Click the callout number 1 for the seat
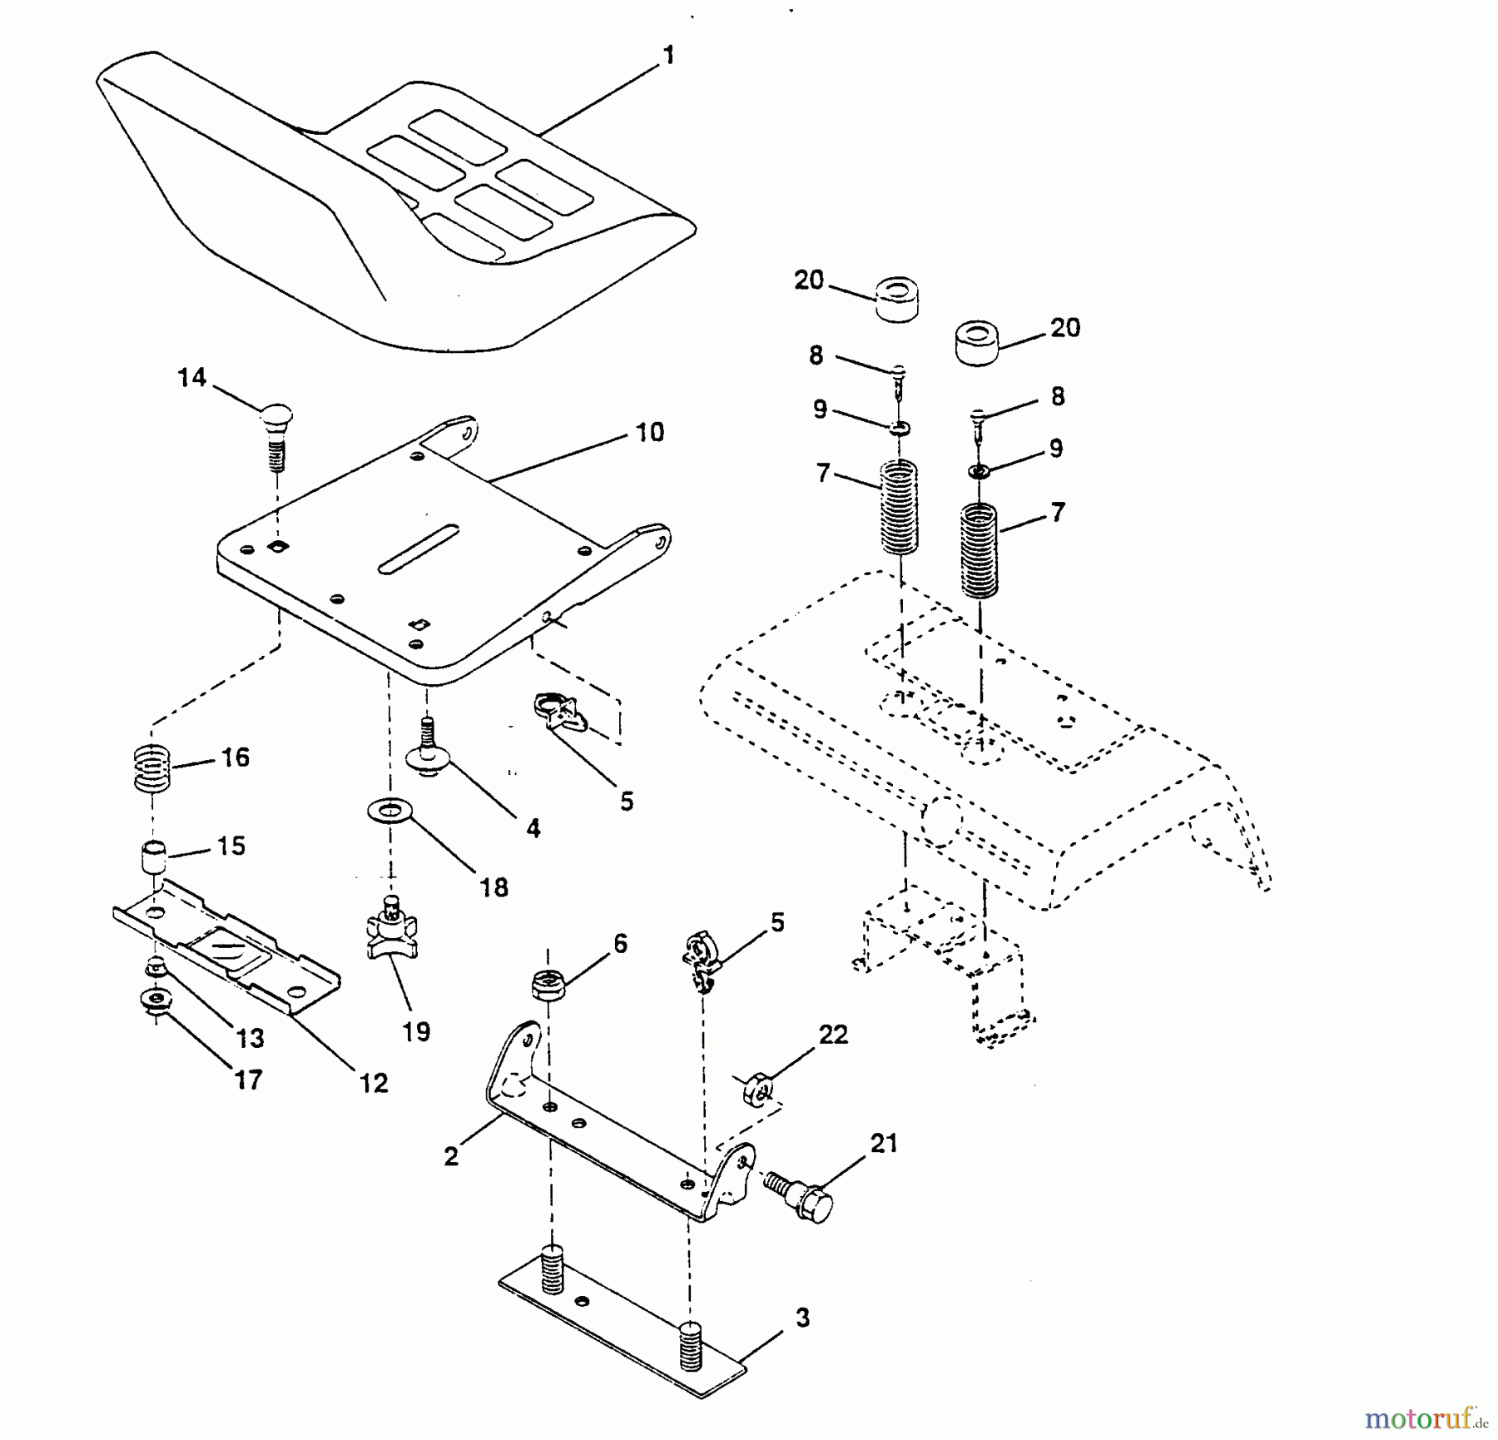tap(667, 56)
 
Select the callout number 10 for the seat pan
tap(650, 433)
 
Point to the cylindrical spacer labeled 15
tap(152, 857)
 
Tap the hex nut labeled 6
tap(548, 986)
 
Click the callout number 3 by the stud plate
tap(802, 1318)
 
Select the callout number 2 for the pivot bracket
tap(451, 1157)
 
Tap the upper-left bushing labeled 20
tap(896, 300)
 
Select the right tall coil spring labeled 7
tap(980, 550)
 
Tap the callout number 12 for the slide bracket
tap(374, 1083)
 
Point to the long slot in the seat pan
tap(419, 549)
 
